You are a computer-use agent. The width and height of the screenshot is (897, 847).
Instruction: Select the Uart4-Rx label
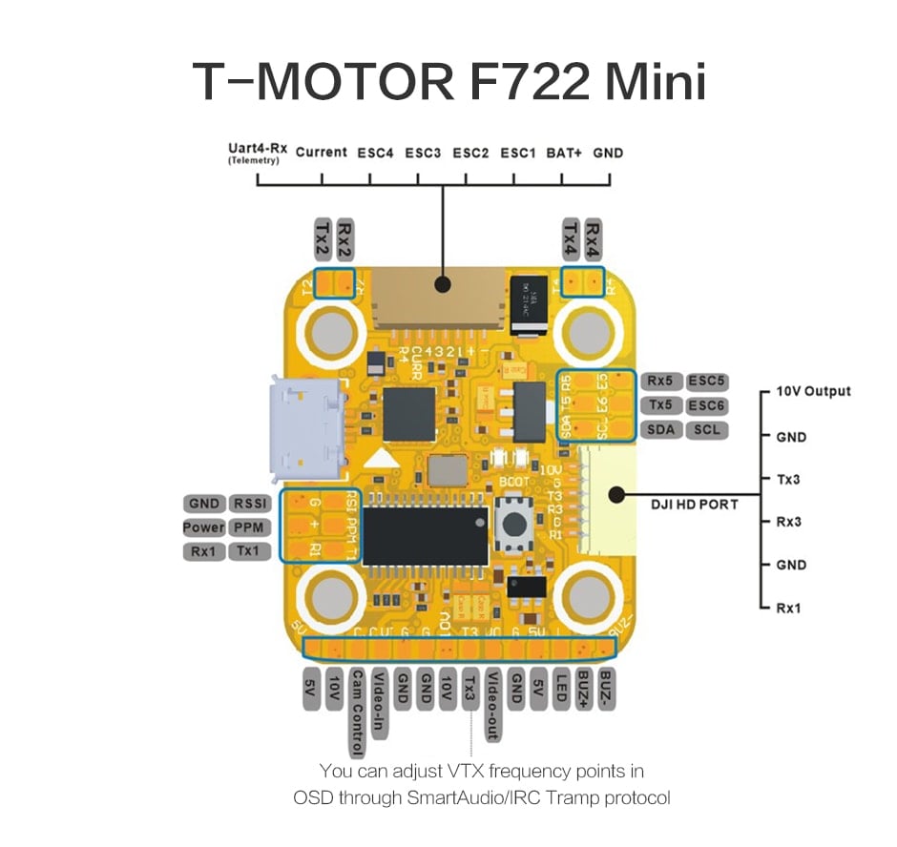tap(254, 150)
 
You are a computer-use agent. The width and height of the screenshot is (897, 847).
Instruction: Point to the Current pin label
tap(321, 152)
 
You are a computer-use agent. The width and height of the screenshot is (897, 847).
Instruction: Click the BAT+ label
tap(564, 152)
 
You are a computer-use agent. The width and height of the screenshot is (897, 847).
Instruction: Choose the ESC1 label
tap(518, 152)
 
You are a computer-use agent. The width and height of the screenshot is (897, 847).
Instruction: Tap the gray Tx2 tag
tap(322, 238)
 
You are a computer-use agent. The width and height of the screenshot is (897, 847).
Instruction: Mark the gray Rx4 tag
tap(594, 238)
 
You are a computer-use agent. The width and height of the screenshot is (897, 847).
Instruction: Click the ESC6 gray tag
tap(707, 405)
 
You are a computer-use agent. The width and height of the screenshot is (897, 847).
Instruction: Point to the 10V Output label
tap(813, 391)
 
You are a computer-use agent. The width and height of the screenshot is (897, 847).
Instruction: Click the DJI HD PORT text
tap(694, 504)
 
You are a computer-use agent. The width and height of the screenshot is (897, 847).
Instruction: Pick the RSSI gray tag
tap(250, 504)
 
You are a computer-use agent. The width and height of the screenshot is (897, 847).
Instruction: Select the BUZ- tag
tap(608, 689)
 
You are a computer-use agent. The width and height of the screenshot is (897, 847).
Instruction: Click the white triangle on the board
tap(383, 457)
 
